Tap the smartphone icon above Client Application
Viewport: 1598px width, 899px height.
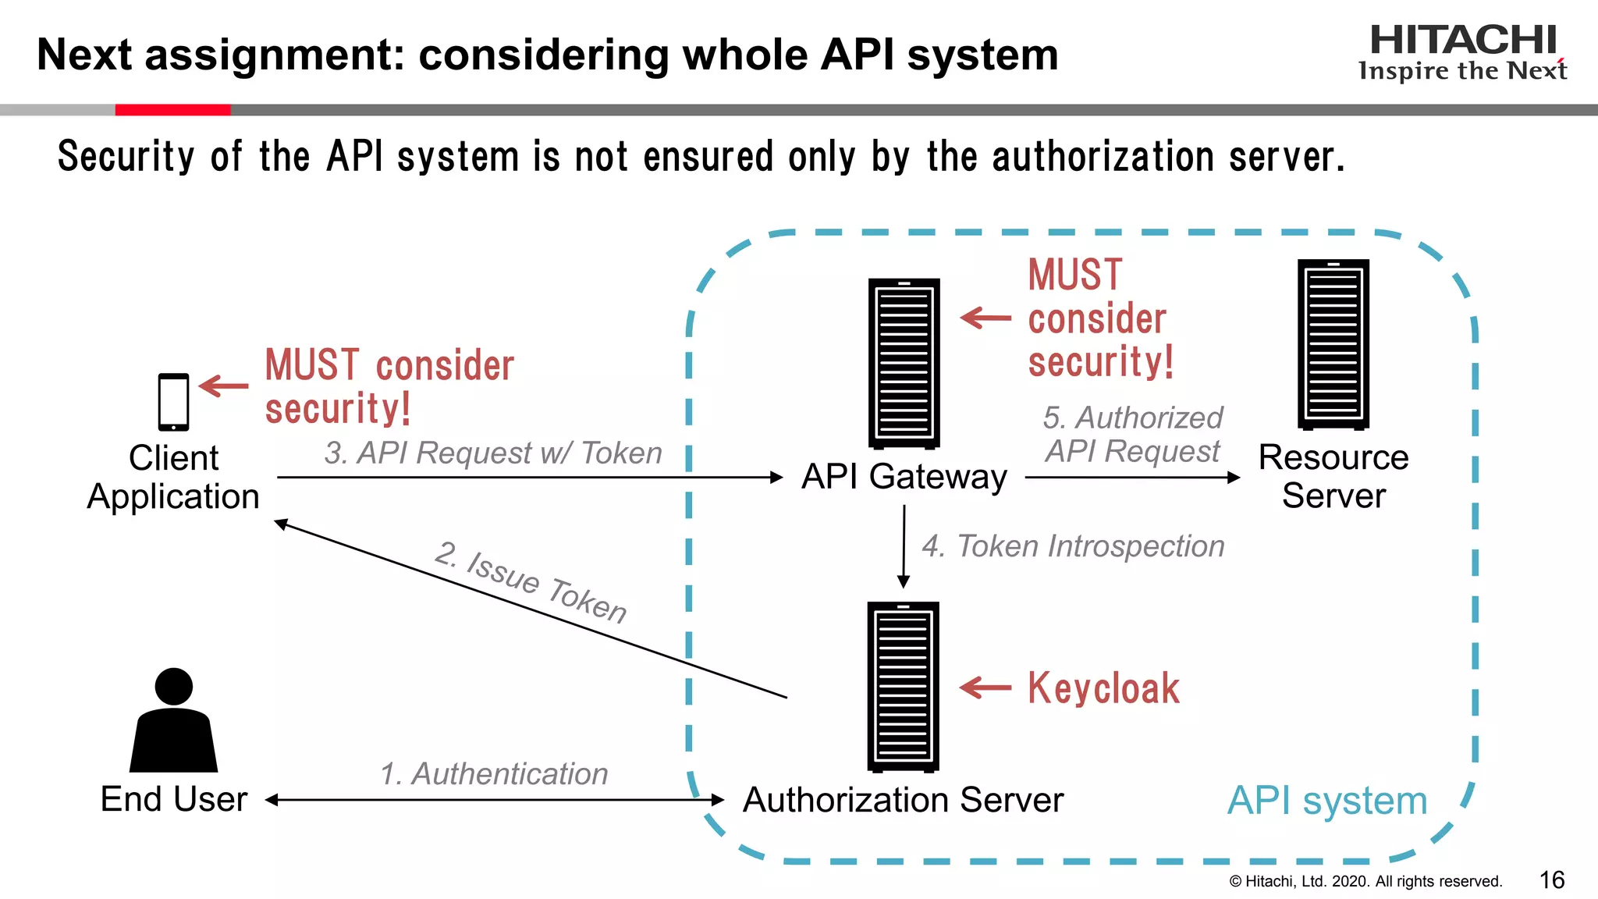(173, 402)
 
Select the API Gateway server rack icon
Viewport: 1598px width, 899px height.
(904, 364)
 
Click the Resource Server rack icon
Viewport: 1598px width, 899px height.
(1333, 344)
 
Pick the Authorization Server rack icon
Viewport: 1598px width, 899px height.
(903, 687)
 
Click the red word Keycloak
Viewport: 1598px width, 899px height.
(1103, 688)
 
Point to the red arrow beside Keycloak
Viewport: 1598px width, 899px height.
(985, 688)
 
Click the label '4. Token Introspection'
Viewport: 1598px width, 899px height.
(1073, 546)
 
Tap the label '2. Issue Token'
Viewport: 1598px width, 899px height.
(531, 582)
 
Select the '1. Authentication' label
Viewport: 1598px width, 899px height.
(494, 773)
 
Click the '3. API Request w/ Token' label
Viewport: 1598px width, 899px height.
(493, 453)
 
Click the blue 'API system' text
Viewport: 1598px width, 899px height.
(1326, 801)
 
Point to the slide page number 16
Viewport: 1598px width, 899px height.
(1551, 880)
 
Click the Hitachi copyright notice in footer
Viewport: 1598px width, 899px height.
(1365, 881)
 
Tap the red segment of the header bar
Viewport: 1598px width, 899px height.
(172, 110)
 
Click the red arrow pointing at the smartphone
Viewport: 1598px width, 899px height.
(224, 386)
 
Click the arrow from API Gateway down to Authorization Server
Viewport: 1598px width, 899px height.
(904, 546)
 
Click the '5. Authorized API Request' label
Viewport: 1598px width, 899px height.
(1133, 434)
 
